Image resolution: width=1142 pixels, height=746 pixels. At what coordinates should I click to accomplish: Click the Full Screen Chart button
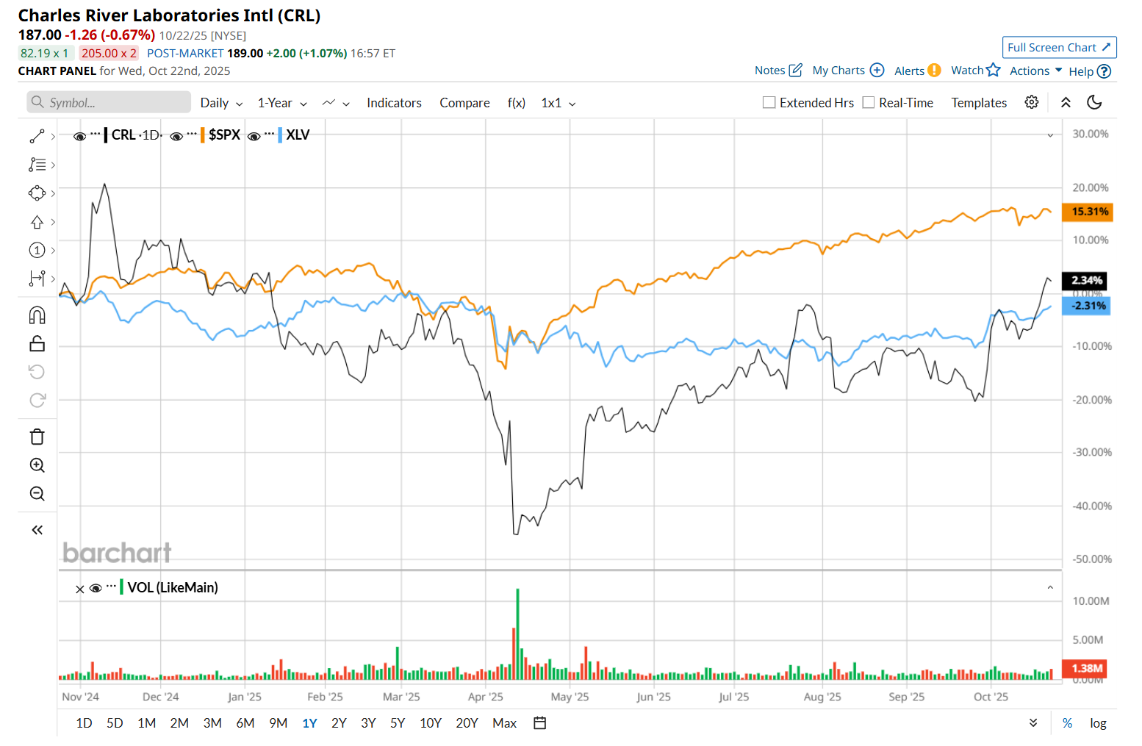1059,48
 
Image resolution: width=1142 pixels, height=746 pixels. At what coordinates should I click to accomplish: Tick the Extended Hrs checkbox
769,103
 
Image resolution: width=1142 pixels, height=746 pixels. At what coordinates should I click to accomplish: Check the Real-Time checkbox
869,103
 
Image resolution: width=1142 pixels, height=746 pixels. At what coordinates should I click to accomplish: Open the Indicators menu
394,103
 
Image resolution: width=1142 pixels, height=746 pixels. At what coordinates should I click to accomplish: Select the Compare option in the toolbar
464,103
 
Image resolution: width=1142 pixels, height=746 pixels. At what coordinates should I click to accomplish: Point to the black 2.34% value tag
1085,280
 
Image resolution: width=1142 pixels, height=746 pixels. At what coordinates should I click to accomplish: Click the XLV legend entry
298,135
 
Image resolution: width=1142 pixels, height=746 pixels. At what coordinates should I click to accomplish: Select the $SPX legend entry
224,135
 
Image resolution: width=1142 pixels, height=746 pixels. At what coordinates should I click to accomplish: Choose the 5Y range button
398,723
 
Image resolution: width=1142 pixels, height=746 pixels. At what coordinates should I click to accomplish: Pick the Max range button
504,723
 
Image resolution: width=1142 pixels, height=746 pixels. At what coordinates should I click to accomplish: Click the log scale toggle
1098,723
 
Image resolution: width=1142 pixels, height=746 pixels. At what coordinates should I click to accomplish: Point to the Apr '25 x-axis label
486,697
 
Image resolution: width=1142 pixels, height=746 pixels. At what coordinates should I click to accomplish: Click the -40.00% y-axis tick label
1091,506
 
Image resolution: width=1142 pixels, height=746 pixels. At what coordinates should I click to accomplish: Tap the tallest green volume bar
518,632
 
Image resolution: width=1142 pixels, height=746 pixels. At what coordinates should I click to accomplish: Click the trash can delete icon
37,437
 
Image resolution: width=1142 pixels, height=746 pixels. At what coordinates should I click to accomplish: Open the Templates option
979,103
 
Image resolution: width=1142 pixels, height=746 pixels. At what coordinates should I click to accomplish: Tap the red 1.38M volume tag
1085,668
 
